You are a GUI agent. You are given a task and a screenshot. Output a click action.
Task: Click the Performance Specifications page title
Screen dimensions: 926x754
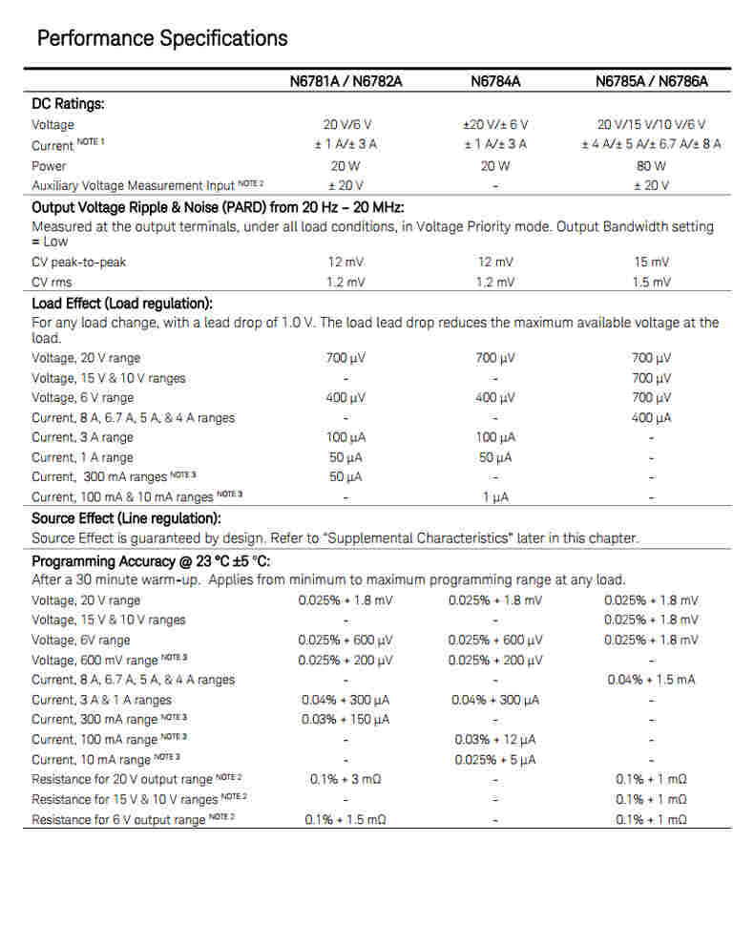click(161, 39)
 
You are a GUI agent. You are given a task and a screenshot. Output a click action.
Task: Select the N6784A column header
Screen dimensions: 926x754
click(495, 81)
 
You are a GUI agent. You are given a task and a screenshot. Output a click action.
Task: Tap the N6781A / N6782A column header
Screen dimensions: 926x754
click(346, 81)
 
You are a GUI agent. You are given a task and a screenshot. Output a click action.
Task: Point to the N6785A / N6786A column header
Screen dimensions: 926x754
click(651, 81)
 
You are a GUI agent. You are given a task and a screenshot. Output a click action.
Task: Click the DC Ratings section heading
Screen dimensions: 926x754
click(68, 103)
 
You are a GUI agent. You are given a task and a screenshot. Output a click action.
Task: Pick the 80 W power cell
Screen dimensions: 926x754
click(651, 165)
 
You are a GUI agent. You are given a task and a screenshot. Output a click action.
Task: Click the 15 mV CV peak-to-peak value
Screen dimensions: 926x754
click(651, 262)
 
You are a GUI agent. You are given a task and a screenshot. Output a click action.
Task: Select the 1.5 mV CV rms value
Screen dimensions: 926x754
click(651, 282)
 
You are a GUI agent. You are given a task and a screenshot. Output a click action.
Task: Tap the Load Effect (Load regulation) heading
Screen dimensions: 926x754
click(122, 304)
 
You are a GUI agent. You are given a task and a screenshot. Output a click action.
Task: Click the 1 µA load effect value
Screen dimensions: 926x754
click(495, 496)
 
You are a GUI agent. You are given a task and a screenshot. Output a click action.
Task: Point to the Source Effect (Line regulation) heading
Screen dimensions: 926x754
click(127, 518)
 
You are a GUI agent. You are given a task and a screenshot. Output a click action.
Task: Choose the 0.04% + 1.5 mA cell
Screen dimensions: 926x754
click(651, 680)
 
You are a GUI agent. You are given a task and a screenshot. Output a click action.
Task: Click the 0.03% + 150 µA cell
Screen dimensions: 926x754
click(346, 719)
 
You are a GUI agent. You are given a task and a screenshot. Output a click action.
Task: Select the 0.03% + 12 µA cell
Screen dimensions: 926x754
click(495, 739)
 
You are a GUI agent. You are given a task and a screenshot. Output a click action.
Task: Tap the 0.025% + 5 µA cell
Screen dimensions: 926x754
click(495, 759)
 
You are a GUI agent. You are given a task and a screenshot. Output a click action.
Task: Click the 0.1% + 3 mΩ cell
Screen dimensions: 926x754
click(346, 779)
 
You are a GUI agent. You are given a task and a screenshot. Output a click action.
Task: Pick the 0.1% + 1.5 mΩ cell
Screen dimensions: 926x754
click(346, 819)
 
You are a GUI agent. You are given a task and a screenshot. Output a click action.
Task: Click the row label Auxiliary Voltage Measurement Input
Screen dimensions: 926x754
click(133, 185)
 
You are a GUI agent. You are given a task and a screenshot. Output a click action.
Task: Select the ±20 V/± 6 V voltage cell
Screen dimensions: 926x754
click(495, 124)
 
